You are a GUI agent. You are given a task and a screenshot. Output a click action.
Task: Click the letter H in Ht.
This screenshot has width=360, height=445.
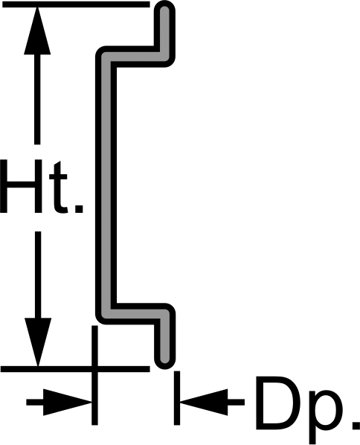[21, 186]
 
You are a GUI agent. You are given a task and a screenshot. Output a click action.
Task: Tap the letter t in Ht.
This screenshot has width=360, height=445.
[59, 188]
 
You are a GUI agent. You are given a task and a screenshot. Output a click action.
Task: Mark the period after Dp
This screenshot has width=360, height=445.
[356, 424]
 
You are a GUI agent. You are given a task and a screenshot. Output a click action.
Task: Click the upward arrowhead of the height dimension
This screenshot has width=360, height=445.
[37, 31]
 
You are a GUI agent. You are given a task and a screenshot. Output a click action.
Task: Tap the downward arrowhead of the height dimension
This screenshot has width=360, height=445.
[38, 342]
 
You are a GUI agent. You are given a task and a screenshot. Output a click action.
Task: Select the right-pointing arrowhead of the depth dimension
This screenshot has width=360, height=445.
[68, 402]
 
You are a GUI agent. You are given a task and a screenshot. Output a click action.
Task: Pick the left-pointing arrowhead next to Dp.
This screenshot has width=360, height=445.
[204, 402]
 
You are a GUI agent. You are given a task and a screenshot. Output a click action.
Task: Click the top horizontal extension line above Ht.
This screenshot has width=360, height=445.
[75, 4]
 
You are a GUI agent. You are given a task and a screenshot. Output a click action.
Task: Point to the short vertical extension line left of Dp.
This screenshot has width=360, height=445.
[177, 398]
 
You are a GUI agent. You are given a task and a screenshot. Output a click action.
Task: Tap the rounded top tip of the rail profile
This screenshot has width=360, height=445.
[164, 8]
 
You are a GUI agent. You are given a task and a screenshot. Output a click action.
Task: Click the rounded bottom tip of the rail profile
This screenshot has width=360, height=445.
[165, 360]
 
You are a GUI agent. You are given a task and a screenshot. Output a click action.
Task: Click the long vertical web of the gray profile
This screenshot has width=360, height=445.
[106, 185]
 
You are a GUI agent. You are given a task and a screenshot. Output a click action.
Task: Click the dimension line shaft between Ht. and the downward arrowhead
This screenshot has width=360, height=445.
[38, 275]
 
